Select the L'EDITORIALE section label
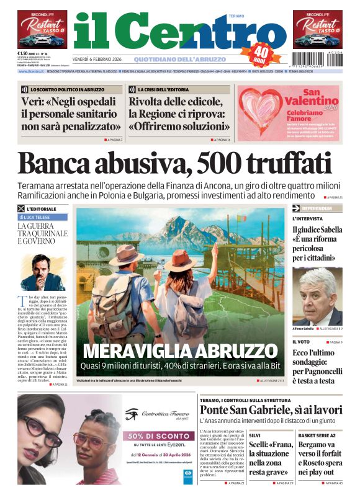pyautogui.click(x=43, y=208)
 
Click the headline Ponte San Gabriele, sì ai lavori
pyautogui.click(x=271, y=410)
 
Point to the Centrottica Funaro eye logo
pyautogui.click(x=131, y=414)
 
